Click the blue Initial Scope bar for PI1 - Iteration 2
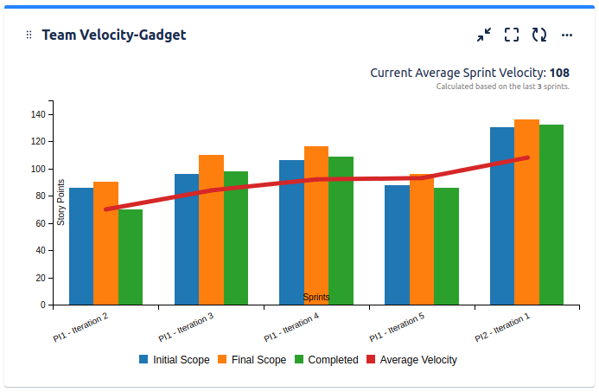[81, 246]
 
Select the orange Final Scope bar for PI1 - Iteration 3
[211, 229]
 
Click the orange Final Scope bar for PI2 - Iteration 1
[526, 212]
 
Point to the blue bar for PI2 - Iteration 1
[502, 215]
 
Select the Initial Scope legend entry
[174, 360]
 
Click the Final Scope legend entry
[252, 360]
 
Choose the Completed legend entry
[326, 360]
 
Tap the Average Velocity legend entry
[411, 360]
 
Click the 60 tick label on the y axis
[40, 223]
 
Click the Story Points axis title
[61, 202]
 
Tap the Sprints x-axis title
[315, 297]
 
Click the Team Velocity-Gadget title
[113, 35]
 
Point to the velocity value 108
[559, 73]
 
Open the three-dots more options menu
[567, 35]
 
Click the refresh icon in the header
[539, 35]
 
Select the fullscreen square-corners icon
[512, 35]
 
